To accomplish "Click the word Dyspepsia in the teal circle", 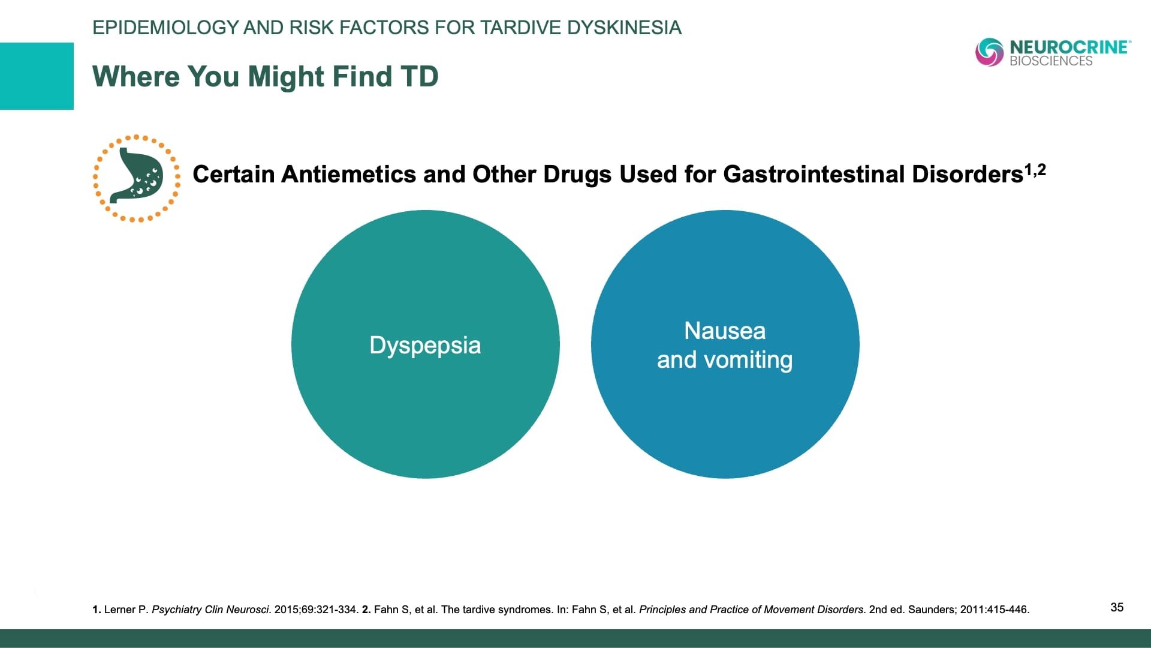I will click(x=425, y=346).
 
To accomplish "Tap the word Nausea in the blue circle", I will click(x=725, y=331).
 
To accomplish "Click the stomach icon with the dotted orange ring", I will click(x=137, y=178).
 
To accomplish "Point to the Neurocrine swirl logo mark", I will click(x=989, y=52).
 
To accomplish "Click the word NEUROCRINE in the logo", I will click(x=1068, y=47).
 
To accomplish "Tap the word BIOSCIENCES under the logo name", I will click(x=1051, y=61).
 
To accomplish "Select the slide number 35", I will click(x=1117, y=607).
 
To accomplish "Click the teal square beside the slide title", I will click(x=37, y=76).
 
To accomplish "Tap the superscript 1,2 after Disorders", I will click(x=1035, y=170).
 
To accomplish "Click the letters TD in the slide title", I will click(x=420, y=77).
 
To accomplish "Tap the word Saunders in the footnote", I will click(x=931, y=610).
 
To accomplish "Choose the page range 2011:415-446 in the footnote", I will click(x=994, y=610).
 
